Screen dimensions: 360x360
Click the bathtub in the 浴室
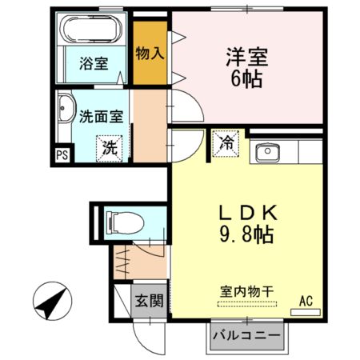coord(91,29)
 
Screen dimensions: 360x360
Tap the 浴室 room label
coord(94,63)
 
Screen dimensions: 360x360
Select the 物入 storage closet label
coord(150,54)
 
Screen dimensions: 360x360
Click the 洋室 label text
coord(247,57)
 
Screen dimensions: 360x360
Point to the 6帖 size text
coord(246,79)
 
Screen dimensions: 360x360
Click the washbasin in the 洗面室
coord(65,108)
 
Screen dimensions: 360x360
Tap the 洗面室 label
coord(102,117)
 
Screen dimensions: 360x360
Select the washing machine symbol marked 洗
coord(110,148)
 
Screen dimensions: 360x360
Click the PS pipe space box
coord(62,155)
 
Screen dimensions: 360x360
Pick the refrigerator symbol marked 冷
coord(226,144)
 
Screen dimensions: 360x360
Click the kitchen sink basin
coord(267,153)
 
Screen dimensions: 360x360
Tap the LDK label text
coord(248,213)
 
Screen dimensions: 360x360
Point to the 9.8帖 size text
coord(246,234)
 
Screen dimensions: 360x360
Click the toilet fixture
coord(125,222)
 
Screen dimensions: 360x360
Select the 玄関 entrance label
coord(149,301)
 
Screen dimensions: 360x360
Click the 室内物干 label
coord(247,291)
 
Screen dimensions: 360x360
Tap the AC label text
coord(306,302)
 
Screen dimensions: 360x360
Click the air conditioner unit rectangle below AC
coord(306,312)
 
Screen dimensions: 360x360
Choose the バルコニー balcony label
coord(246,335)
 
